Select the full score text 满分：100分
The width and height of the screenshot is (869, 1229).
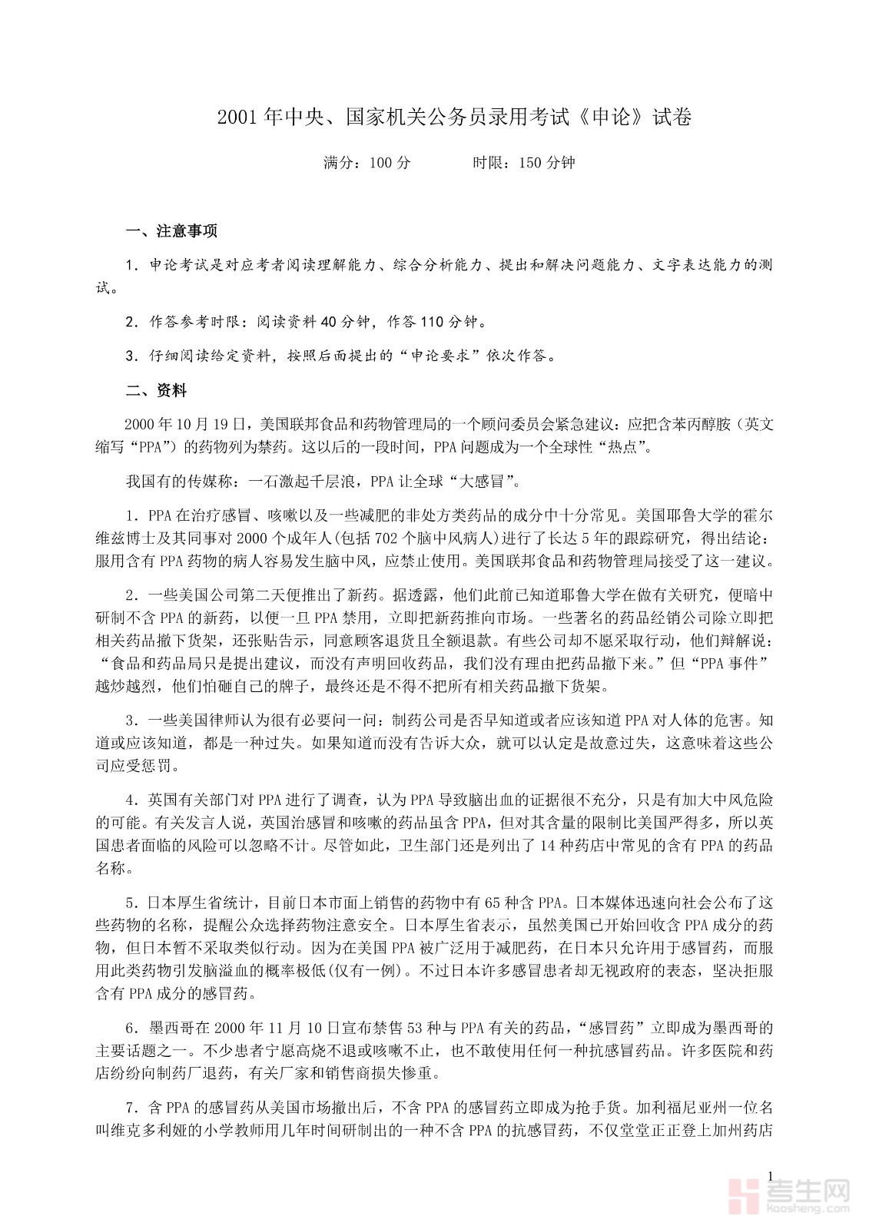pyautogui.click(x=367, y=163)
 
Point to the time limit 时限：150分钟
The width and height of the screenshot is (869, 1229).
pyautogui.click(x=523, y=163)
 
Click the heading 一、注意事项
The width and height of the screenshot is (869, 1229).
pyautogui.click(x=171, y=230)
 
